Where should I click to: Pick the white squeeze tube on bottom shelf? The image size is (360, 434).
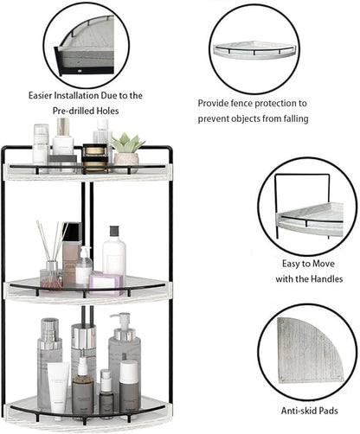58,386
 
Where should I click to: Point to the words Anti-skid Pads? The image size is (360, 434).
308,411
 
